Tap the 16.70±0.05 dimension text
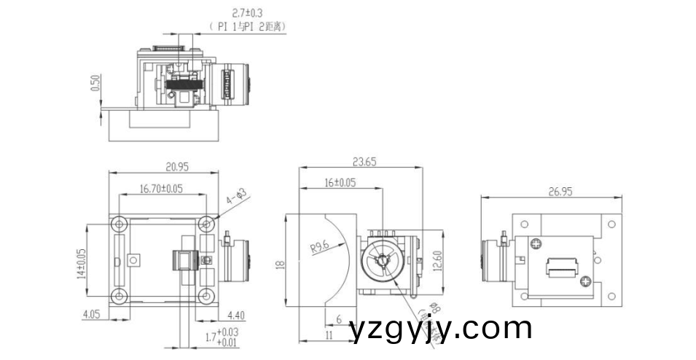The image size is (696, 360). point(161,189)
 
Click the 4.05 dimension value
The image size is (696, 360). point(92,315)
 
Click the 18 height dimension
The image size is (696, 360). point(279,266)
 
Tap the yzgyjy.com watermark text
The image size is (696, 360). point(440,329)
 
